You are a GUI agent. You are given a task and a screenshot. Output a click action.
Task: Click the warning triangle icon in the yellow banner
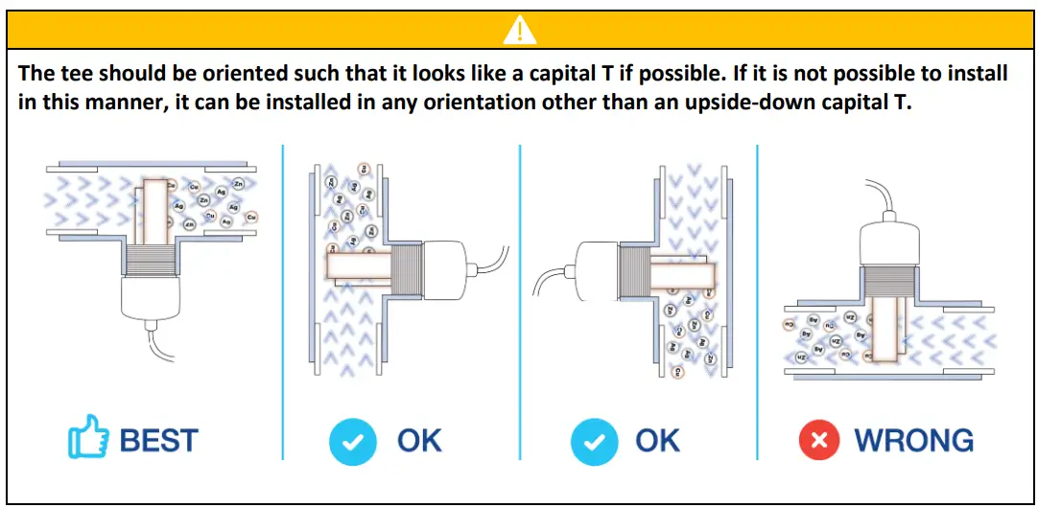[519, 31]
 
